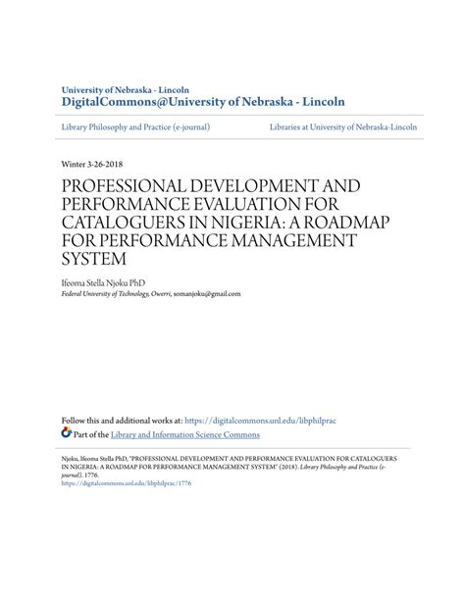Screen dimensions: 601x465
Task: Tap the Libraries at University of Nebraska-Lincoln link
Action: pos(342,127)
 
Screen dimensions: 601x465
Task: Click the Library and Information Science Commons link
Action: pos(184,434)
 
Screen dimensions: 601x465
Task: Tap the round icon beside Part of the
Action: pos(67,433)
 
